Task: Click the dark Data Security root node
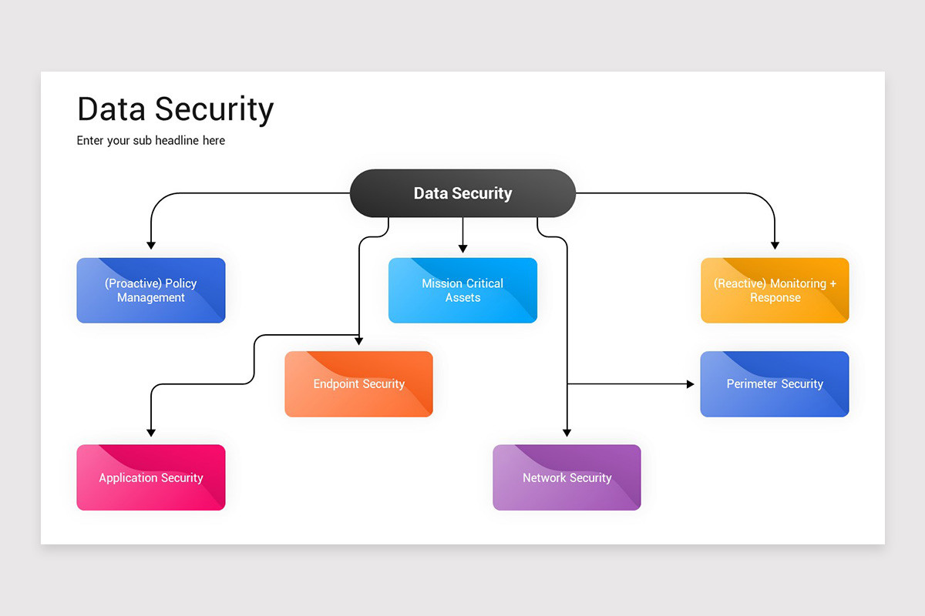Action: click(462, 193)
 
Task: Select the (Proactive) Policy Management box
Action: click(151, 290)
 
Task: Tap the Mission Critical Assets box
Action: click(462, 290)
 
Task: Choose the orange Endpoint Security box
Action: click(358, 384)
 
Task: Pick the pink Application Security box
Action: click(151, 477)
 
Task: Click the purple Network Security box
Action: click(567, 477)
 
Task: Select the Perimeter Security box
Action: click(775, 384)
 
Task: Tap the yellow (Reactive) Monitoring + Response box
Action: click(775, 290)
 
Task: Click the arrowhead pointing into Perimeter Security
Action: click(690, 383)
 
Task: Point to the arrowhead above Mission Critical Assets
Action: click(462, 248)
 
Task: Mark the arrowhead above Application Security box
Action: click(151, 433)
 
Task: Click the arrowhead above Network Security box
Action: click(567, 433)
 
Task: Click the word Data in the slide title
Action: click(111, 109)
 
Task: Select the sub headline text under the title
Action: click(151, 141)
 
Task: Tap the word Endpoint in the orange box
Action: click(336, 384)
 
